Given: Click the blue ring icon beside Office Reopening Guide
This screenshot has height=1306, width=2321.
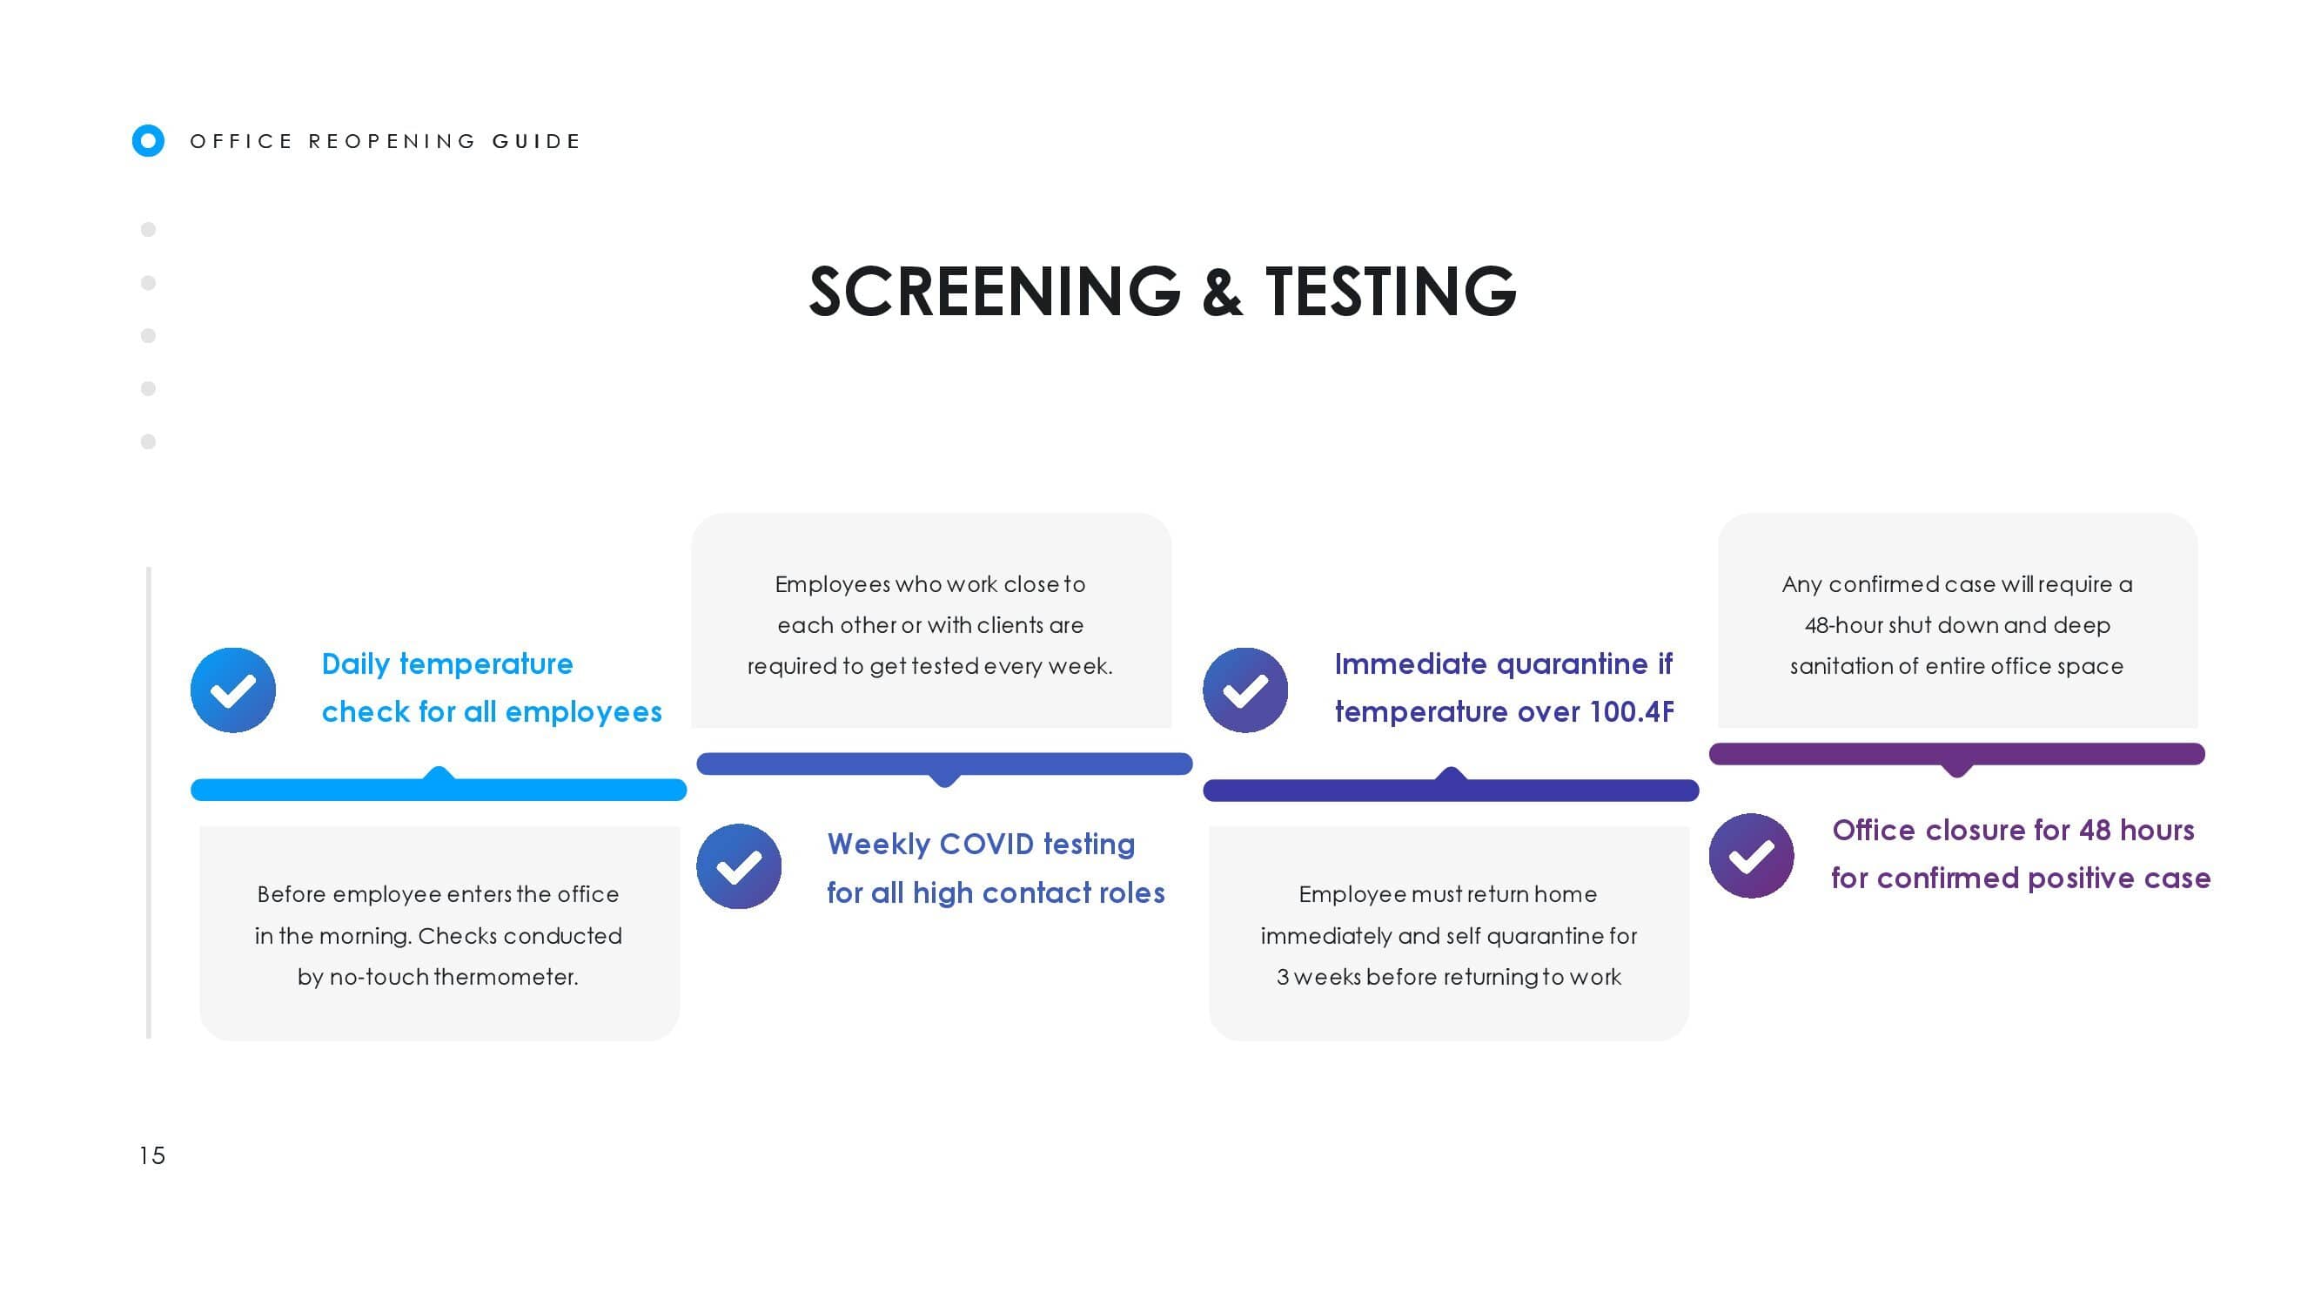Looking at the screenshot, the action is (x=148, y=140).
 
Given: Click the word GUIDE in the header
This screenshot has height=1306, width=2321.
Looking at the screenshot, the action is (x=536, y=142).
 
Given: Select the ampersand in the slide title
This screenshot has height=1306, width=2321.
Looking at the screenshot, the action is (x=1223, y=292).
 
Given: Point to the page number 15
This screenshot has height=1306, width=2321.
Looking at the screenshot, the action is (x=152, y=1155).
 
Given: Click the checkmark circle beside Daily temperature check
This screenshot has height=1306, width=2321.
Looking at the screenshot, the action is (x=233, y=690).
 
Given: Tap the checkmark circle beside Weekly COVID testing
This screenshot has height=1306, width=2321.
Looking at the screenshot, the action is (x=739, y=866).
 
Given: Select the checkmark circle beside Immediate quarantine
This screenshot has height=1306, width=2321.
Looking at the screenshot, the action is (x=1245, y=690).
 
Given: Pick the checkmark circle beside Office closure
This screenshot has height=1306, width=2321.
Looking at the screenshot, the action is (x=1752, y=856).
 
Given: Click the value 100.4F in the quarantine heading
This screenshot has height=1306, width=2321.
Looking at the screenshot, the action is (x=1632, y=712).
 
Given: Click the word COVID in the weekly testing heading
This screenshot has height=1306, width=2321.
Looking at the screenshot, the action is (x=987, y=845).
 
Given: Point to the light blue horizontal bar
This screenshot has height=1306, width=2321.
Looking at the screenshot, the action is (x=439, y=789).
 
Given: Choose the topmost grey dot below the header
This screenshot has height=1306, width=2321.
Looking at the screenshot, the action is (x=149, y=230).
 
